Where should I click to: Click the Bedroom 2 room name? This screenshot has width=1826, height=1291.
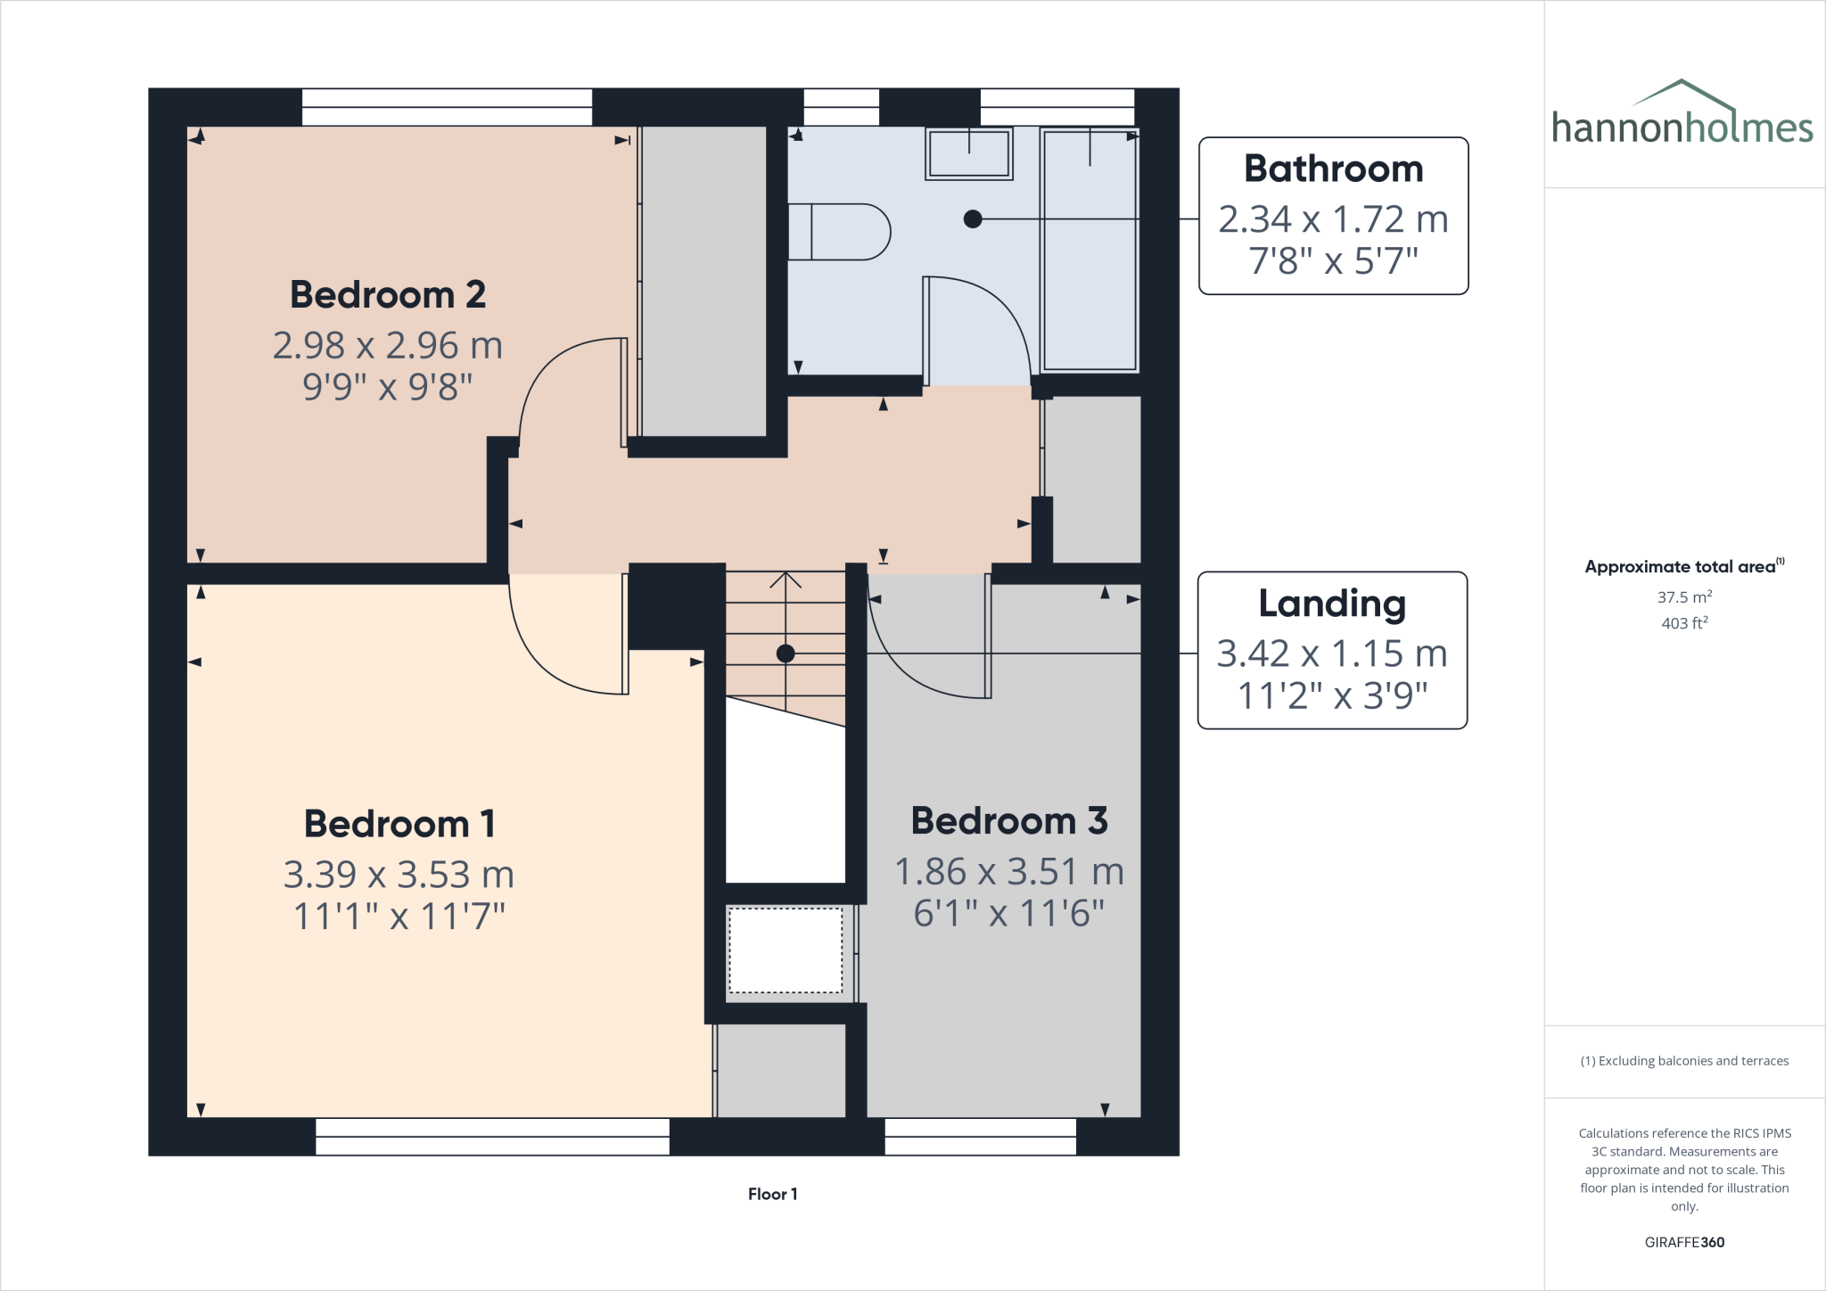point(388,295)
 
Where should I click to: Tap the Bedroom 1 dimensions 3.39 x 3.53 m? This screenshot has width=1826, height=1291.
point(399,875)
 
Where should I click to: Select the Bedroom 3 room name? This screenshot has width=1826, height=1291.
point(1008,821)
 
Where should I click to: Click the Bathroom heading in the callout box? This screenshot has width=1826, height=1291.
point(1333,169)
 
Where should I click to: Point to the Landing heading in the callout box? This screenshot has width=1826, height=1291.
point(1332,604)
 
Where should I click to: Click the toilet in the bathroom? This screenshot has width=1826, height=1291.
point(838,232)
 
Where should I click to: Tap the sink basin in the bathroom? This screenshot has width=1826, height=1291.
point(968,153)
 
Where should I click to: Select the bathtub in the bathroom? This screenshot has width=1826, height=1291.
point(1090,250)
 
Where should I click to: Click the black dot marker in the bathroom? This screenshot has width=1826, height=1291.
point(973,218)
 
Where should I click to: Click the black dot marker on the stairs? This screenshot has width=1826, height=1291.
point(786,654)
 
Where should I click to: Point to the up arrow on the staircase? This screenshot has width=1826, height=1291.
point(785,580)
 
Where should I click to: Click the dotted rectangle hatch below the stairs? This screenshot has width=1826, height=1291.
point(786,950)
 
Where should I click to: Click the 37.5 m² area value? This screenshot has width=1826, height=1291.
point(1683,597)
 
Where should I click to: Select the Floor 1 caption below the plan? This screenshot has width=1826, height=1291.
point(772,1194)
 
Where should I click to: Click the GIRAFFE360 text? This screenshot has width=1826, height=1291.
point(1683,1242)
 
